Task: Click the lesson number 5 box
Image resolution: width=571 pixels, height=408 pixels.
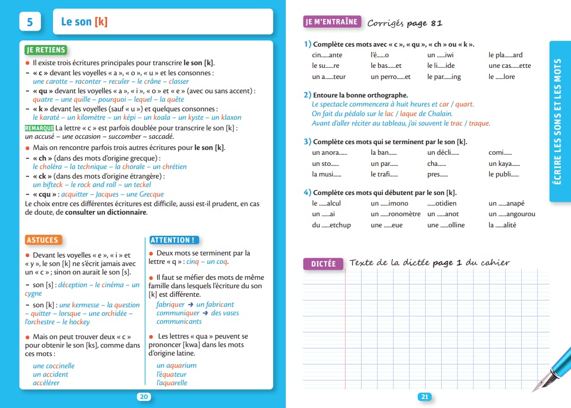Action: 30,22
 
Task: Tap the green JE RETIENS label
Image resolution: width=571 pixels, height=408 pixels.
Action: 46,50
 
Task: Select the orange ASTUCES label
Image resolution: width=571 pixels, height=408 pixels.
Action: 43,240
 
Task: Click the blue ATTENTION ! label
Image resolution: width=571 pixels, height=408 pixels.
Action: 173,240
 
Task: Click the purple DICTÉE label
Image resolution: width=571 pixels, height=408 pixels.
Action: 323,263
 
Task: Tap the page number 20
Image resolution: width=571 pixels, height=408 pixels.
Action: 144,397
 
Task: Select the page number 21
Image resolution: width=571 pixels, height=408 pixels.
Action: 425,397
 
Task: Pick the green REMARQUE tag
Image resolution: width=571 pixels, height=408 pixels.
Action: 39,128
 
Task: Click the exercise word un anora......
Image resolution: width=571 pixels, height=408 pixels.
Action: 329,153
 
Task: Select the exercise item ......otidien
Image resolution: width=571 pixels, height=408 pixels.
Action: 442,203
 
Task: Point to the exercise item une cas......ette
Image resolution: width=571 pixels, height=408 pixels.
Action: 509,66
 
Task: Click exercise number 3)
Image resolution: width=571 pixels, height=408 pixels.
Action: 308,142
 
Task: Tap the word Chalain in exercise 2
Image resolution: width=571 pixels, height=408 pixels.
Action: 440,113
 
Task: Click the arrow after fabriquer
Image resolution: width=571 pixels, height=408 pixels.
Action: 190,305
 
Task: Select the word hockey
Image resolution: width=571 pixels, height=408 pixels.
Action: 80,322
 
